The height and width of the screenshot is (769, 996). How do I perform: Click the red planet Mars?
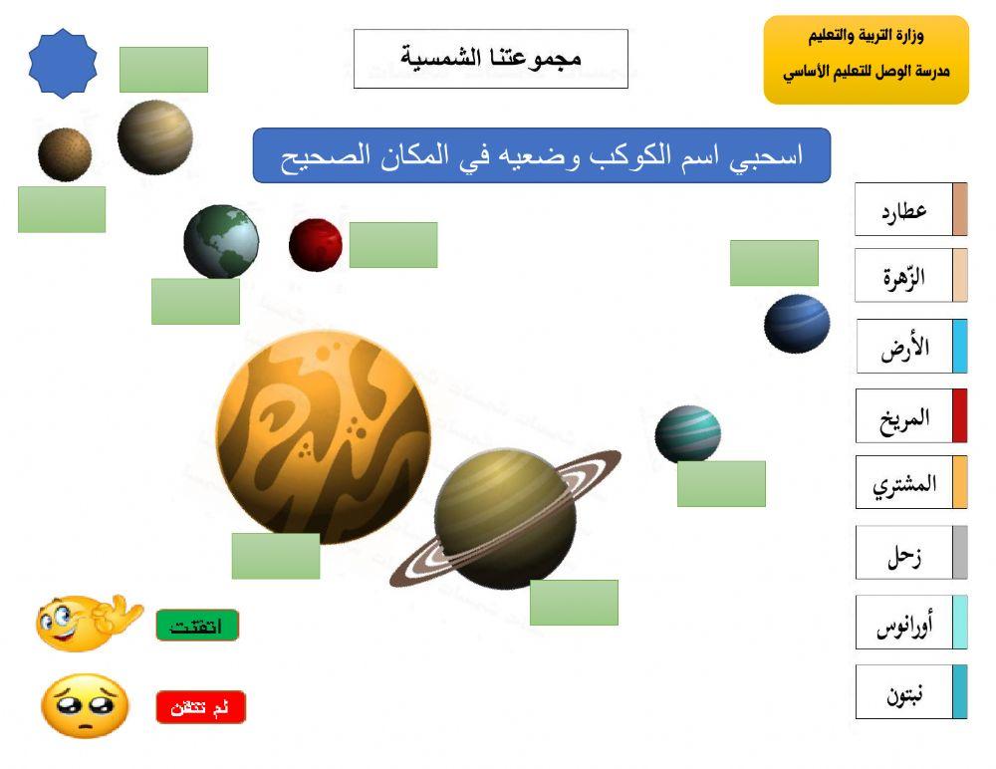coord(316,245)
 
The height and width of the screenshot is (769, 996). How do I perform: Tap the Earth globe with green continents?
coord(221,242)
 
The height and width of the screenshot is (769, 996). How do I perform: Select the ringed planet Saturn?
coord(505,518)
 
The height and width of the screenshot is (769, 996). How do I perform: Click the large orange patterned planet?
coord(324,437)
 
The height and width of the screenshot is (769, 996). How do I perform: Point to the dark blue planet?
coord(797,324)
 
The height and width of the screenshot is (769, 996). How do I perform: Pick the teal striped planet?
coord(687,433)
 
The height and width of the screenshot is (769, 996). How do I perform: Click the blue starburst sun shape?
coord(63,64)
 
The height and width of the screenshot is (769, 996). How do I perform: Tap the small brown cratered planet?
coord(65,154)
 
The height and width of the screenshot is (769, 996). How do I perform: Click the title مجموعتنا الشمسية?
coord(491,58)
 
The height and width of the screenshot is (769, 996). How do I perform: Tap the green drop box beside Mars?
coord(393,245)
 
